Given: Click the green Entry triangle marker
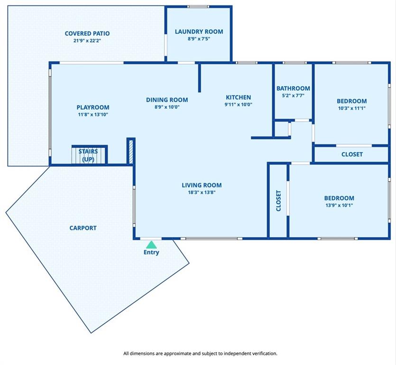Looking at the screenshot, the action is coord(151,245).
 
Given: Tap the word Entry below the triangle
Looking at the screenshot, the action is coord(151,252).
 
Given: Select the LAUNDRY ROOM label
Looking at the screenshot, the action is coord(199,32).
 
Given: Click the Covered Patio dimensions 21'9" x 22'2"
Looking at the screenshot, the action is coord(87,40).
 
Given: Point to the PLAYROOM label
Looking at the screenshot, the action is coord(93,107).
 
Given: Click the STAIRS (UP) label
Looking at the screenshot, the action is coord(88,155).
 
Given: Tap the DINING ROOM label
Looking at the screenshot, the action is coord(167,100).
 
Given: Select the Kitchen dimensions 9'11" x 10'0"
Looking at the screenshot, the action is coord(239,104).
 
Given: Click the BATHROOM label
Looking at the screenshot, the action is coord(293,88).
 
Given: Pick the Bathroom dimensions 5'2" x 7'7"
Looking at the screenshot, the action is coord(293,96).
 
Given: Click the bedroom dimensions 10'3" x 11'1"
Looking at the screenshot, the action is coord(352,108).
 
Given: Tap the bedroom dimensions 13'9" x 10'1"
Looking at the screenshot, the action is coord(339,205).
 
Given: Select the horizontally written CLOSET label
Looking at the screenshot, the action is coord(352,154).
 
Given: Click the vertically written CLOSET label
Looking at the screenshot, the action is coord(278,201).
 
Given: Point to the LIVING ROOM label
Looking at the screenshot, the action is coord(202,185).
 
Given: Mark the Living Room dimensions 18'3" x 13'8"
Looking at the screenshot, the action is coord(202,192).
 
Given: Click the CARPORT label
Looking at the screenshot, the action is coord(83,228).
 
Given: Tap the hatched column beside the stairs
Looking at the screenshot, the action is coord(131,151).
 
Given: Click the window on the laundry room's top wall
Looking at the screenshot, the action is coord(198,7).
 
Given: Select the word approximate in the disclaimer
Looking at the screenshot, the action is coord(177,354).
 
